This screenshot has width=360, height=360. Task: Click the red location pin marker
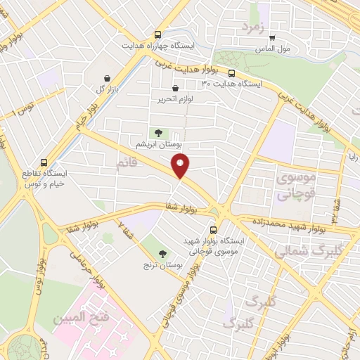(181, 166)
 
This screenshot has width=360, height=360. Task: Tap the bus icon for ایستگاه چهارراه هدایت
(160, 34)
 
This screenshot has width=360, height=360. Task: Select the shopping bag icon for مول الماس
(273, 38)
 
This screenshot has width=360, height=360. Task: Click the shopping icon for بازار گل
(106, 79)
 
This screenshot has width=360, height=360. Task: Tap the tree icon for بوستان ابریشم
(158, 131)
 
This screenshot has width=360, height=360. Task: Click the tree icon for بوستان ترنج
(165, 254)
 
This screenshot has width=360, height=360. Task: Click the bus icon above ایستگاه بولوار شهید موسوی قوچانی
(214, 230)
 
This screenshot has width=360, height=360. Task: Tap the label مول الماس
(275, 49)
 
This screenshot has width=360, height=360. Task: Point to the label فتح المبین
(81, 318)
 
